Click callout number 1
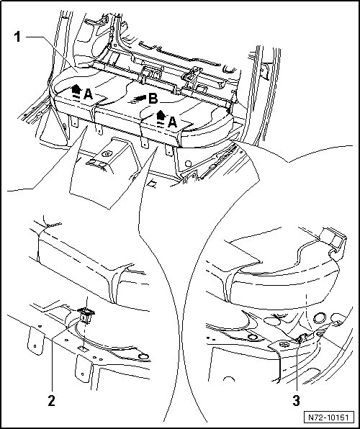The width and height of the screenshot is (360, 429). click(17, 37)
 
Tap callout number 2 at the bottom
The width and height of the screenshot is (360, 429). click(51, 401)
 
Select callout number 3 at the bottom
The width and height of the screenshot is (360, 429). click(296, 401)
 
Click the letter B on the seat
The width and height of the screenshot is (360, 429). click(153, 99)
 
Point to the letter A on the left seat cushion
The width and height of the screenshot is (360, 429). click(88, 95)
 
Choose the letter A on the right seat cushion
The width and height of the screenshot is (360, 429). click(172, 122)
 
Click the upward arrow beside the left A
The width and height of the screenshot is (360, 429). click(76, 89)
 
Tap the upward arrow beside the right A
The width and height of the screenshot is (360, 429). click(161, 114)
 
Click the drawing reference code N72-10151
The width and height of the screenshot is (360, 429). click(328, 417)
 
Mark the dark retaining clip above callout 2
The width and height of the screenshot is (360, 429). click(86, 314)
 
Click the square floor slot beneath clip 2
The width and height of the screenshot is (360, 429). click(83, 348)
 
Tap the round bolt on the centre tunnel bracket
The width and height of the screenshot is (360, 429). click(107, 153)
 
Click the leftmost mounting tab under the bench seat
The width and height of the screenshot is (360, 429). click(74, 122)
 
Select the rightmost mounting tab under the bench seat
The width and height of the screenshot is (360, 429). click(169, 150)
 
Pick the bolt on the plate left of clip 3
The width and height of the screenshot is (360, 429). click(284, 345)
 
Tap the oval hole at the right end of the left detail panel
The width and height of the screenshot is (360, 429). click(143, 356)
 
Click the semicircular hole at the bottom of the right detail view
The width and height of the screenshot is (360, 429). click(228, 379)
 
